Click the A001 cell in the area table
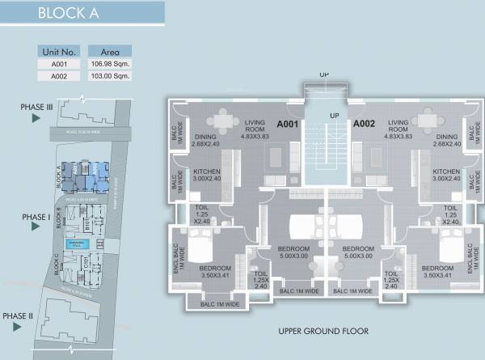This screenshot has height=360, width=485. [x=59, y=63]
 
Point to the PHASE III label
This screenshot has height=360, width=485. [x=37, y=107]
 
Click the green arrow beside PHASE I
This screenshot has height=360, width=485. [x=36, y=227]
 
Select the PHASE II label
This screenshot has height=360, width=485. [x=17, y=316]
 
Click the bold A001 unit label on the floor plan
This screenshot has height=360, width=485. [x=289, y=125]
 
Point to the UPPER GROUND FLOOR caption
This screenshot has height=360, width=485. [x=323, y=331]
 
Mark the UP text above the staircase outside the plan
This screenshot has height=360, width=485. [x=324, y=74]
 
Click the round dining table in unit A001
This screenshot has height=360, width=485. [x=223, y=117]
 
